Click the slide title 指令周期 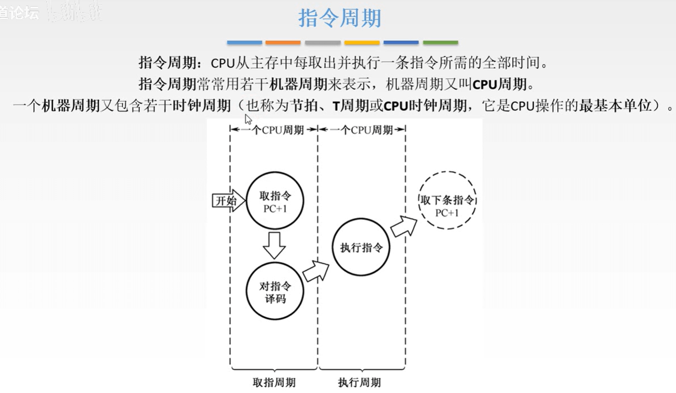click(x=340, y=18)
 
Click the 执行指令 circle click(x=361, y=248)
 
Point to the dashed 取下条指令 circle click(x=447, y=201)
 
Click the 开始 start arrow click(x=226, y=201)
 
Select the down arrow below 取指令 click(x=274, y=245)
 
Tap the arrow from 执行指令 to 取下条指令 click(x=404, y=226)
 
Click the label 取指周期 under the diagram click(x=274, y=382)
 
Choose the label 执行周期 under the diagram click(x=359, y=382)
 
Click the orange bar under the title click(x=283, y=43)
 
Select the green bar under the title click(x=441, y=43)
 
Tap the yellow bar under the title click(x=362, y=43)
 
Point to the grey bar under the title click(x=322, y=43)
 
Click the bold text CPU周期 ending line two click(x=500, y=84)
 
